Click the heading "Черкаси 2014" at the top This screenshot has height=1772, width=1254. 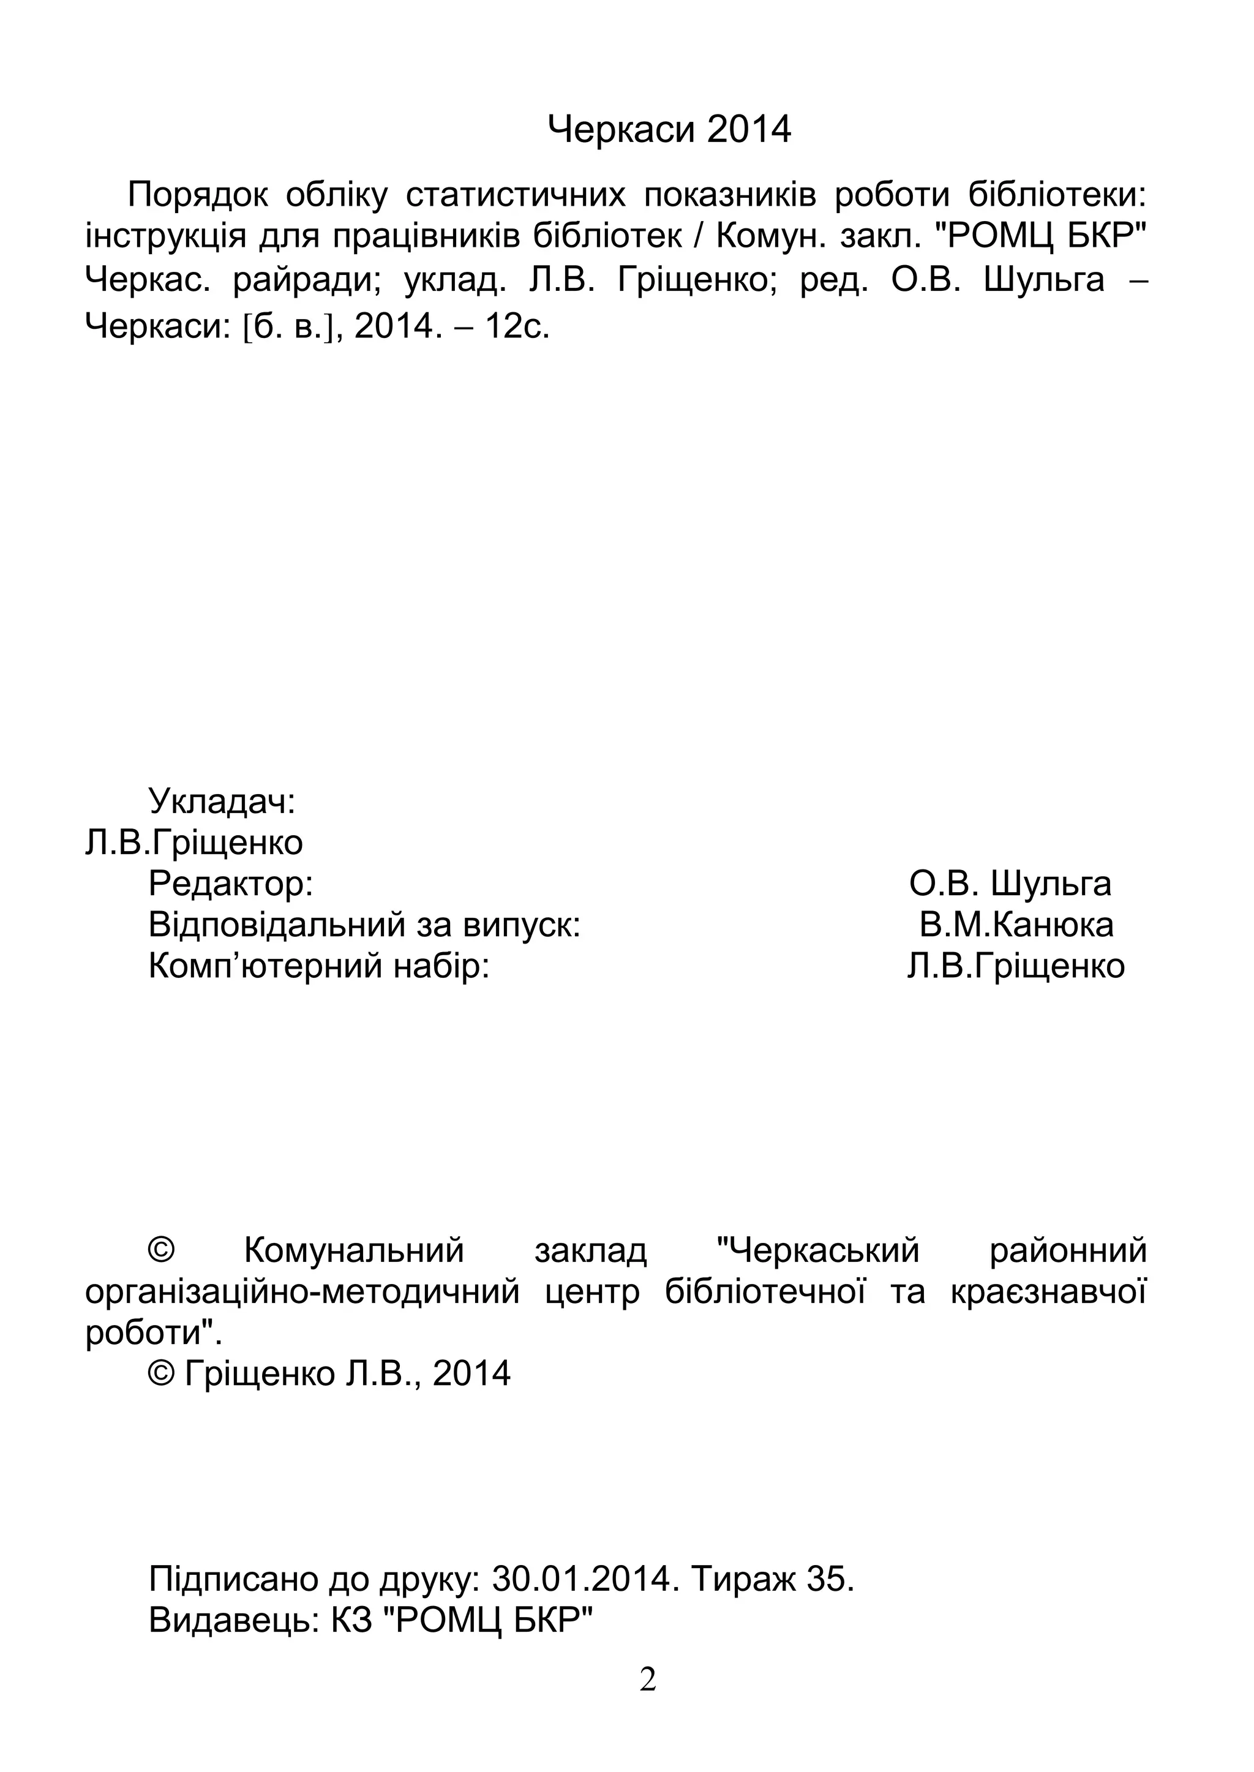tap(669, 129)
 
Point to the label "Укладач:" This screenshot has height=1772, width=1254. tap(222, 801)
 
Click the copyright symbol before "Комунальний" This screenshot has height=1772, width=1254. tap(162, 1250)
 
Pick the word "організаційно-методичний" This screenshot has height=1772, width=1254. tap(302, 1291)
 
